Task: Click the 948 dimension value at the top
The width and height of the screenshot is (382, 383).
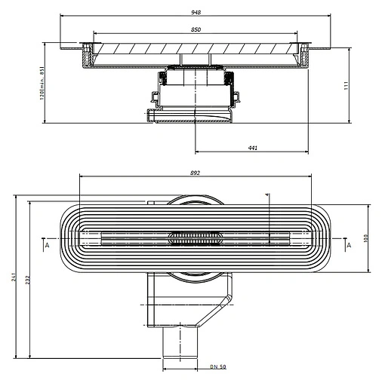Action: tap(196, 13)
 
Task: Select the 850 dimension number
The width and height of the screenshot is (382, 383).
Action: tap(196, 29)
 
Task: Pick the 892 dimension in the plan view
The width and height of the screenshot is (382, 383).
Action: tap(196, 173)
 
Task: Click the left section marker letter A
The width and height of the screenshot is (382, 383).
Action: tap(46, 245)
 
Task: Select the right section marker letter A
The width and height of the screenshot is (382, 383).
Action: tap(348, 245)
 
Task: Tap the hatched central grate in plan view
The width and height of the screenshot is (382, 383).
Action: tap(196, 238)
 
